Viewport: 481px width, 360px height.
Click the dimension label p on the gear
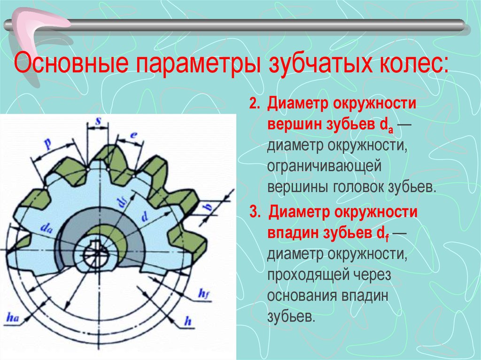point(48,143)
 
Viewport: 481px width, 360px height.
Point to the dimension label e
point(133,135)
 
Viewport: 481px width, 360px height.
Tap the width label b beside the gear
point(208,207)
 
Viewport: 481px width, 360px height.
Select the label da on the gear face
point(47,228)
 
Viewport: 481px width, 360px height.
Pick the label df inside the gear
point(124,203)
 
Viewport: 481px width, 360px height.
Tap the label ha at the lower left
point(13,317)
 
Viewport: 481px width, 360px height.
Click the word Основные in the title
point(71,63)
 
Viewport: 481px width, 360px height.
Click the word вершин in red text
point(294,125)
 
